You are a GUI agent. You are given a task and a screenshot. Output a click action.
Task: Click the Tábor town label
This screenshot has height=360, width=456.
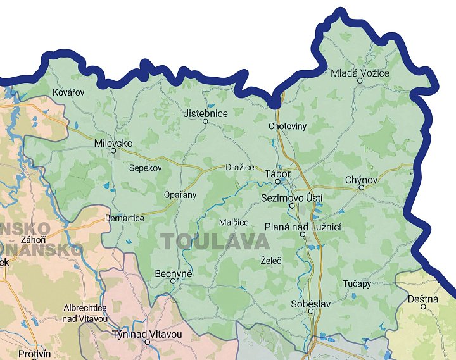click(x=278, y=173)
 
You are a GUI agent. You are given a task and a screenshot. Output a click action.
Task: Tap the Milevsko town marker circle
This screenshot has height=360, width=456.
click(x=113, y=151)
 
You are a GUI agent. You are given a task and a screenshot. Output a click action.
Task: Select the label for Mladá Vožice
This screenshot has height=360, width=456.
click(x=360, y=73)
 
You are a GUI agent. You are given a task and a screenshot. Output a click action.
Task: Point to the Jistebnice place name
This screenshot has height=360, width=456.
click(x=205, y=113)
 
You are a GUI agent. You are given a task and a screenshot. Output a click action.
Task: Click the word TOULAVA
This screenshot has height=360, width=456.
click(x=215, y=241)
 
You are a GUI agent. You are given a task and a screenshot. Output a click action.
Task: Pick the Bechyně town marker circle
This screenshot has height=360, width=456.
click(x=173, y=282)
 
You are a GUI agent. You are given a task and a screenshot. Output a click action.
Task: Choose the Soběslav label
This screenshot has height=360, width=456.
click(x=311, y=304)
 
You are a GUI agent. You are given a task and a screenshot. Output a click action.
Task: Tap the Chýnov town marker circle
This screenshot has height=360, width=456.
click(x=361, y=188)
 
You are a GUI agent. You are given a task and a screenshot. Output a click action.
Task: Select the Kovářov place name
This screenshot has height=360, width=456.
click(x=68, y=92)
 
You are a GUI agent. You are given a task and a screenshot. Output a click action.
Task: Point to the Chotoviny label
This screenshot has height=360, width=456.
click(x=288, y=126)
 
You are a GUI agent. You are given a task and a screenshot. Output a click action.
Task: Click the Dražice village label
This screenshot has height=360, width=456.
click(x=240, y=167)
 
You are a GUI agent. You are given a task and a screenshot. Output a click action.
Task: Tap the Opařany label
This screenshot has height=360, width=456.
click(x=180, y=194)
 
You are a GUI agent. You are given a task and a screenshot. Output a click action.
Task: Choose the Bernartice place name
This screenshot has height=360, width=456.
click(x=125, y=218)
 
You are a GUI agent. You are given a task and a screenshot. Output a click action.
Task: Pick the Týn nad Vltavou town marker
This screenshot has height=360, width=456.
click(x=147, y=342)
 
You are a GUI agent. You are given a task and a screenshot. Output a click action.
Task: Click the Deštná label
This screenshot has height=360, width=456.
click(x=423, y=299)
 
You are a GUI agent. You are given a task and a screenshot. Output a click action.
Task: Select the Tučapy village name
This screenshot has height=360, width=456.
click(x=357, y=283)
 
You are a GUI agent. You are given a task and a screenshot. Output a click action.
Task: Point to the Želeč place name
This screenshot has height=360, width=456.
click(x=270, y=260)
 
